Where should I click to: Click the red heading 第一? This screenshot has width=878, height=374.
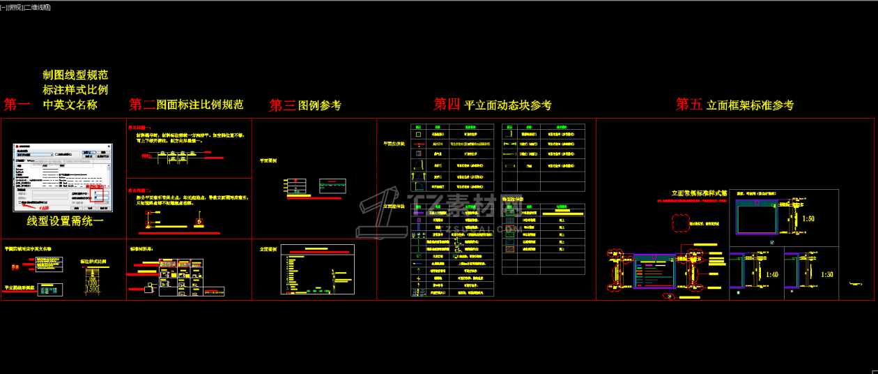click(17, 105)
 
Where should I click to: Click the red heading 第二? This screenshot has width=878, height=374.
click(142, 105)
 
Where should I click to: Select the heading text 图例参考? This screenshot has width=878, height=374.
click(320, 105)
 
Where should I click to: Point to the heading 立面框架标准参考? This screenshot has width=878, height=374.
click(750, 105)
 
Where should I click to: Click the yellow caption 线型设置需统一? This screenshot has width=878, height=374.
click(65, 221)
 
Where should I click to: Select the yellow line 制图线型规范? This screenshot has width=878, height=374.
click(75, 75)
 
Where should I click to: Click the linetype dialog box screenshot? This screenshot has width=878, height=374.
click(62, 178)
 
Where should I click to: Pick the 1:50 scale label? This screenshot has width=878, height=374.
click(808, 219)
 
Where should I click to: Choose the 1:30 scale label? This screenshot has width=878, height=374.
click(826, 275)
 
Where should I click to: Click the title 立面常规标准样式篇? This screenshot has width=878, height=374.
click(699, 193)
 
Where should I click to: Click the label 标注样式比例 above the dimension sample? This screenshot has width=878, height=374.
click(94, 262)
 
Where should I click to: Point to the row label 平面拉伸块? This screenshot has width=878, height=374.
click(394, 144)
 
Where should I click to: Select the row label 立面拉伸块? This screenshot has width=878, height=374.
click(394, 207)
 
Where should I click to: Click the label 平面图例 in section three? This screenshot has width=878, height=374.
click(268, 160)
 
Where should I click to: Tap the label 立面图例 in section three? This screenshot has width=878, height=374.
click(268, 249)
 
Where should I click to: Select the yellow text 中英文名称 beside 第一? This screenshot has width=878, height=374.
click(70, 105)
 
